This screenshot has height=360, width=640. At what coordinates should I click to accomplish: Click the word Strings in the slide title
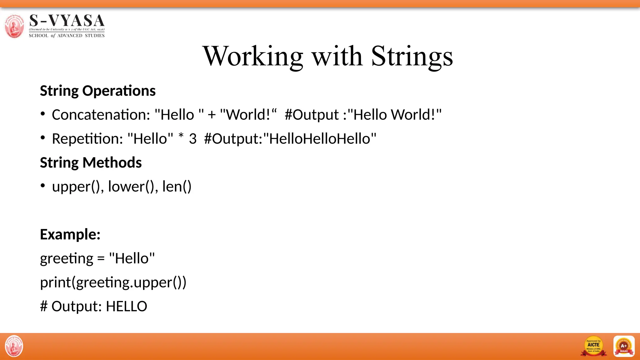tap(412, 56)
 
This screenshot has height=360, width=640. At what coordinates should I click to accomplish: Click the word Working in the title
tap(253, 56)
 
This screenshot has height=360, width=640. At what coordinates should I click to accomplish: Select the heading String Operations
tap(98, 91)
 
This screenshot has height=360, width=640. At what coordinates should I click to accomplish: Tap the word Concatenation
tap(101, 115)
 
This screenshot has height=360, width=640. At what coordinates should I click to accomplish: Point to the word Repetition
tap(87, 139)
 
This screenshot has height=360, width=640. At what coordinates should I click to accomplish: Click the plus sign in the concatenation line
tap(212, 115)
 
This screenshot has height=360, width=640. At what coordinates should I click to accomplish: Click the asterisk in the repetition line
tap(181, 137)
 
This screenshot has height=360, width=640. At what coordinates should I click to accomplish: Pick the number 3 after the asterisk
tap(192, 139)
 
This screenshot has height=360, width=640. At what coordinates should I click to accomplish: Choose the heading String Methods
tap(91, 163)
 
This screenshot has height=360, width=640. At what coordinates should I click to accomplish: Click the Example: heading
tap(70, 234)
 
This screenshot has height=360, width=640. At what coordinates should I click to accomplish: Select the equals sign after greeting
tap(101, 259)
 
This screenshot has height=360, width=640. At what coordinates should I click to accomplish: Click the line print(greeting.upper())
tap(113, 282)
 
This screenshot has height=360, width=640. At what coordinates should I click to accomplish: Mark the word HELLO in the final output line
tap(126, 307)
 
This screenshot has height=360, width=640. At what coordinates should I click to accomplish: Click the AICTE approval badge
tap(593, 346)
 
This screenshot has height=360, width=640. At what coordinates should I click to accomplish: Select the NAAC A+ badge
tap(624, 346)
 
